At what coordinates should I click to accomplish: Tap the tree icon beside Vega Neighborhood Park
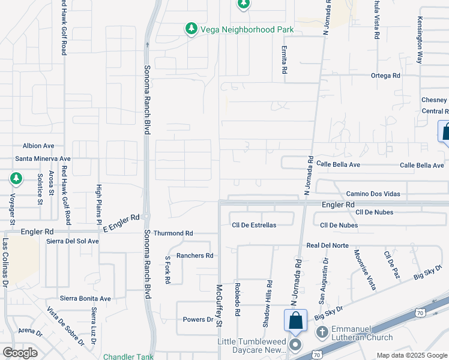[x=191, y=28]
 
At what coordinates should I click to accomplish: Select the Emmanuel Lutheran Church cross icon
[x=322, y=332]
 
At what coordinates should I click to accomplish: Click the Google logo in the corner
[x=20, y=352]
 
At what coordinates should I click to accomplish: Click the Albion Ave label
[x=38, y=146]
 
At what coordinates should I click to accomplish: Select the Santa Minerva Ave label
[x=43, y=159]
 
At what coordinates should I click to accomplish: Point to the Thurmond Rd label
[x=173, y=233]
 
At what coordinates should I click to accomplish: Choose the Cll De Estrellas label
[x=254, y=225]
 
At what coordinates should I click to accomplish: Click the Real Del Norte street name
[x=327, y=245]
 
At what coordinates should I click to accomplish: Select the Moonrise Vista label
[x=364, y=270]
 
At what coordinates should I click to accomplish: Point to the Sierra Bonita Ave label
[x=85, y=298]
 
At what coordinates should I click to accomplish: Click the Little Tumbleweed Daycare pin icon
[x=295, y=345]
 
